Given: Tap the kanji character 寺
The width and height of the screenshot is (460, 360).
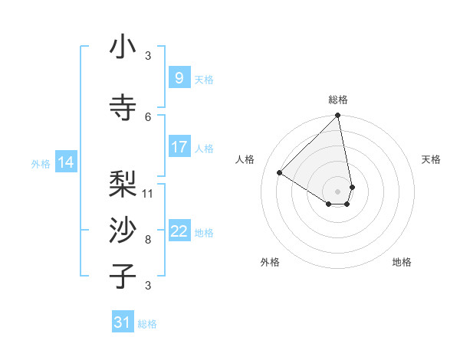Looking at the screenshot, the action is click(x=123, y=108).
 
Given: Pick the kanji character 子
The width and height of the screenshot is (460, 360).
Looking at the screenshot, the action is click(x=123, y=277).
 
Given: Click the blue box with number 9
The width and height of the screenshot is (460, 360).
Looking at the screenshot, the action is click(x=179, y=77).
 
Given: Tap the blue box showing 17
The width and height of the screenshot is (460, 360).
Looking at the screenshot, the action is click(x=179, y=147).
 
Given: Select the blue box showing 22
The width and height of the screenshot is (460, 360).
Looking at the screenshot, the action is click(x=179, y=231).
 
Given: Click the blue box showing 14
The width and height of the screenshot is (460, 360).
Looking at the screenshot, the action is click(x=65, y=162).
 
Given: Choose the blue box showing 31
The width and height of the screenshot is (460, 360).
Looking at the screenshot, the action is click(x=123, y=322).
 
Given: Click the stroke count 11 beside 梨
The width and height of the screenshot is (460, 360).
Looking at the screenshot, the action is click(x=148, y=193).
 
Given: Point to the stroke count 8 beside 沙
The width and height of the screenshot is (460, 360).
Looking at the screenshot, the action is click(x=148, y=239).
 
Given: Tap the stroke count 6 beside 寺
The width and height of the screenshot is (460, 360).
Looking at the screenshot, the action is click(x=148, y=116).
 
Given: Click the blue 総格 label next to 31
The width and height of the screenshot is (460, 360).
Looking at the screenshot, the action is click(x=147, y=324).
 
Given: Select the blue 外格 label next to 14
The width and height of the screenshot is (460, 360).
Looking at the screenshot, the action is click(x=41, y=163).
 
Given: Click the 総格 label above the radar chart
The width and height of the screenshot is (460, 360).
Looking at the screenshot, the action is click(x=338, y=100).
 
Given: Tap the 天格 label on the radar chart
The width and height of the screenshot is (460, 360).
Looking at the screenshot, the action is click(x=431, y=159).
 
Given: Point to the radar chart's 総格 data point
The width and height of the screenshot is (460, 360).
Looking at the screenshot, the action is click(x=337, y=116).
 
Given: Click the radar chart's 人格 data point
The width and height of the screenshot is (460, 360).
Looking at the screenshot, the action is click(x=280, y=173).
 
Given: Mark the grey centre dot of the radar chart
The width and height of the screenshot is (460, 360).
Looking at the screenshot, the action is click(x=337, y=190).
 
